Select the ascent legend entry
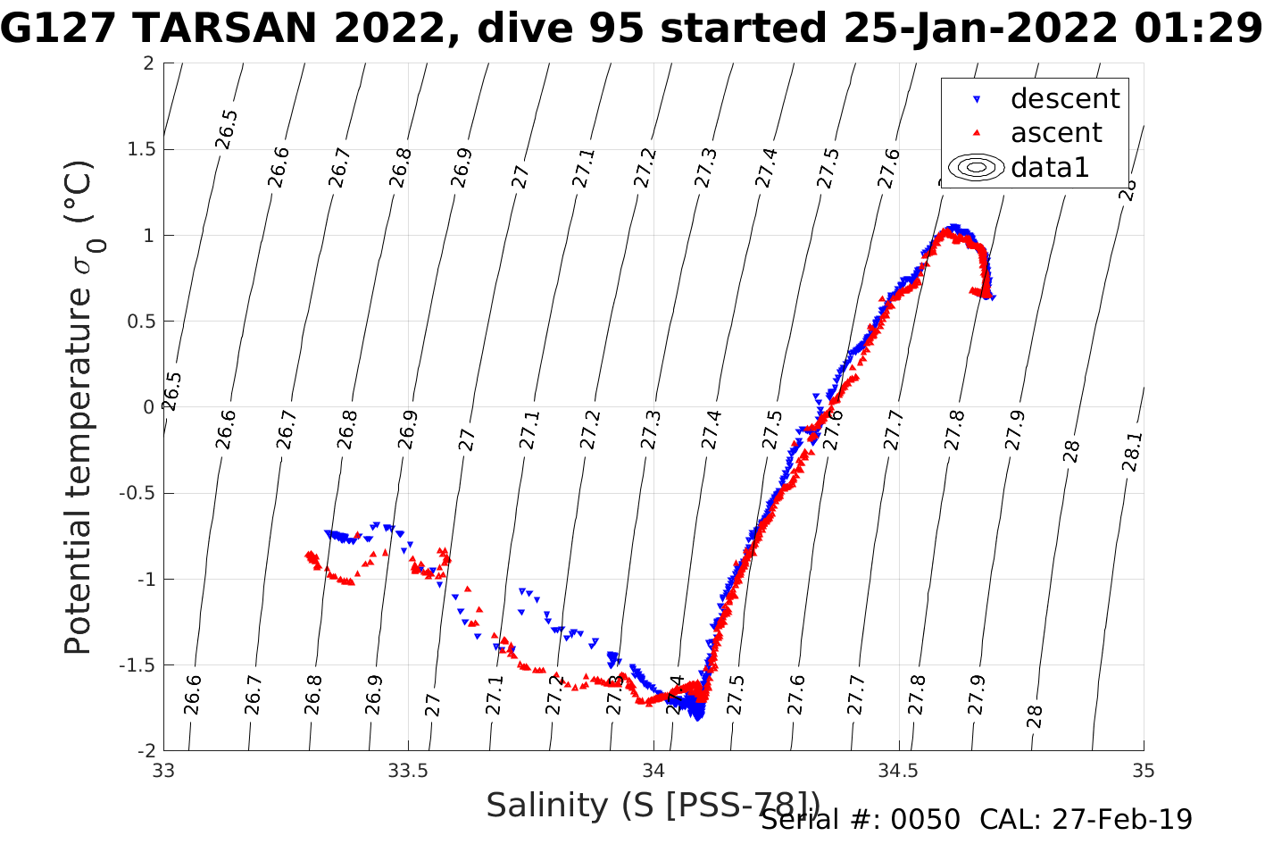click(x=1056, y=132)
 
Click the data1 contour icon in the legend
click(x=977, y=167)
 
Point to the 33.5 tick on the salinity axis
click(x=409, y=771)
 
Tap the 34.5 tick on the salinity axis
click(x=898, y=771)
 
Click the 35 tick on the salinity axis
click(x=1144, y=771)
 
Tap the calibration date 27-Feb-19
click(x=1122, y=819)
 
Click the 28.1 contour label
click(x=1131, y=452)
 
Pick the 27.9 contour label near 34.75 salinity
click(x=1015, y=430)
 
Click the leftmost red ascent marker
click(x=308, y=556)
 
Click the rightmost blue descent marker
click(x=993, y=297)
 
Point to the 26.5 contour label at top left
click(x=227, y=129)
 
